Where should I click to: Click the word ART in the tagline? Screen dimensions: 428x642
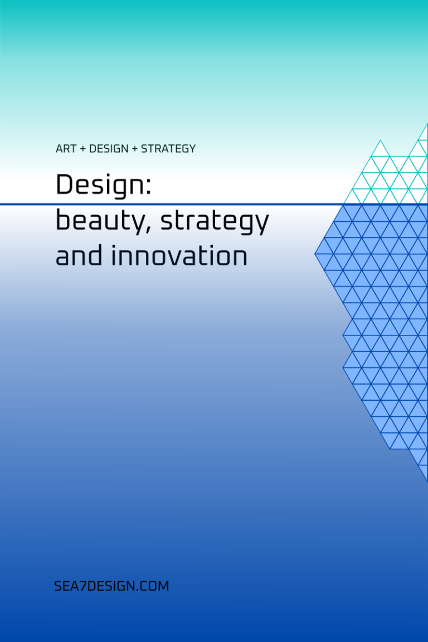click(66, 149)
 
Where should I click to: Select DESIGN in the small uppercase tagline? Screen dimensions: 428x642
click(109, 149)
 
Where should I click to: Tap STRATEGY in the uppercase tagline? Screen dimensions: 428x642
click(168, 149)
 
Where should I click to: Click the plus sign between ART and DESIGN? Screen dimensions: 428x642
click(82, 149)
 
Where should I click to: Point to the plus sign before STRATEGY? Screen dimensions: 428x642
click(135, 149)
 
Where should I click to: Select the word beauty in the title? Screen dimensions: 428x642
click(98, 221)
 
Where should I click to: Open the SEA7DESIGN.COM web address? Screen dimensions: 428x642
click(111, 586)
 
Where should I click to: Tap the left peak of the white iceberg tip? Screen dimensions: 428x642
click(380, 140)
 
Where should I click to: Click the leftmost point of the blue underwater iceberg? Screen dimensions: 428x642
click(314, 254)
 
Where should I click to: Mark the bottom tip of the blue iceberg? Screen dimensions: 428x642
click(427, 481)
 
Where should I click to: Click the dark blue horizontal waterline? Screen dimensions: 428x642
click(214, 204)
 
